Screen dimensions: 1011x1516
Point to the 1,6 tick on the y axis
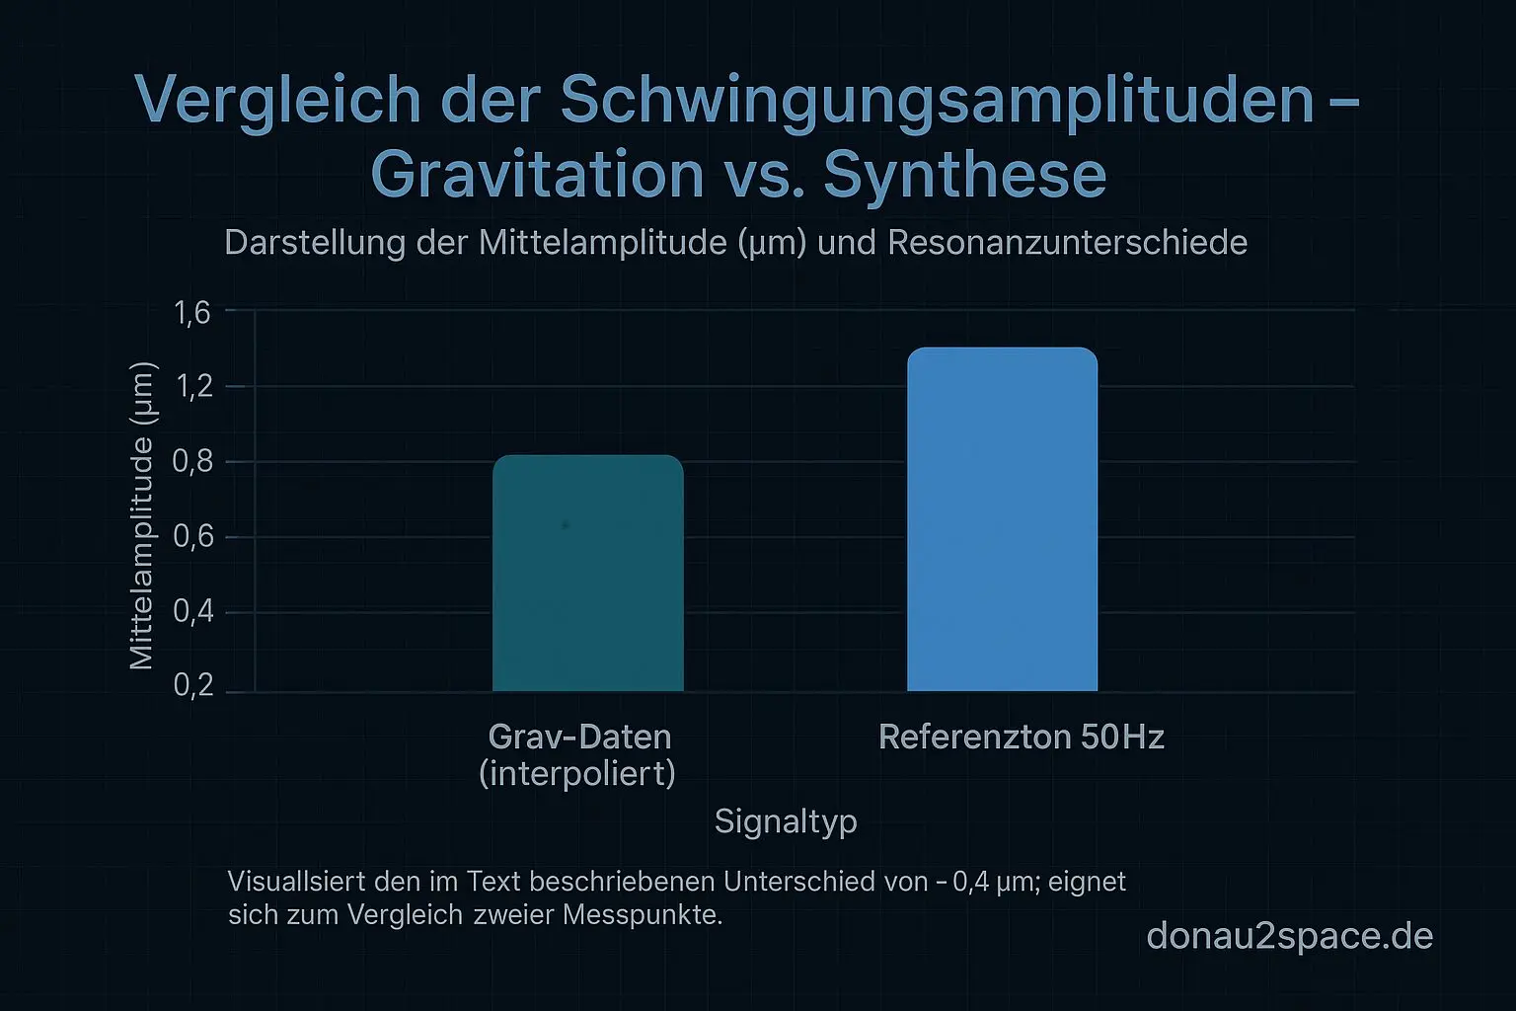(x=192, y=313)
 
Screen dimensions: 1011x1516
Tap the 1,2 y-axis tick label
(x=192, y=386)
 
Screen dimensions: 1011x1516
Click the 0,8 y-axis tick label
(x=192, y=462)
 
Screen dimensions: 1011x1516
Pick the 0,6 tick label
(x=192, y=537)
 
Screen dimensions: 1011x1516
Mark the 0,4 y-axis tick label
(x=192, y=612)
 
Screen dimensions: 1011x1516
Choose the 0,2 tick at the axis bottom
(x=192, y=686)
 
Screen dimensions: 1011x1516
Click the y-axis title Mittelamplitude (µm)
(x=142, y=515)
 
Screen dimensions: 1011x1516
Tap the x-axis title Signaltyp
(x=786, y=821)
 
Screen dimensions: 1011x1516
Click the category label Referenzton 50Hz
(x=1021, y=738)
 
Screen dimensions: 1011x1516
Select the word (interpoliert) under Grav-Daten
(x=577, y=773)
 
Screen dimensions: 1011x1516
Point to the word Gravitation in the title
(x=537, y=174)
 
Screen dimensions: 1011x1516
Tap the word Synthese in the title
(x=964, y=174)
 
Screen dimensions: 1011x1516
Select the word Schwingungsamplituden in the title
(x=937, y=100)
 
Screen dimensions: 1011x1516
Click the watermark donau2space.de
(x=1289, y=936)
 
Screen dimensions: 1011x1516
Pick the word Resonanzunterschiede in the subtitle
(x=1068, y=243)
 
